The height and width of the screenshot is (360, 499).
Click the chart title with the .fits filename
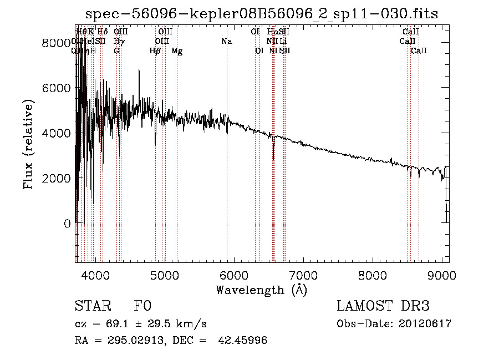(262, 14)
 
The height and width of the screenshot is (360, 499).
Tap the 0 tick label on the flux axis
(67, 224)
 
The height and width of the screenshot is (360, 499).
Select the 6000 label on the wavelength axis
(233, 275)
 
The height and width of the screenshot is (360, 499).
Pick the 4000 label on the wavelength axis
(95, 275)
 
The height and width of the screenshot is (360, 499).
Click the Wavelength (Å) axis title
(261, 290)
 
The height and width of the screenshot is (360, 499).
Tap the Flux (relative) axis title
(28, 144)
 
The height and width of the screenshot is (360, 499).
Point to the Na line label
(226, 42)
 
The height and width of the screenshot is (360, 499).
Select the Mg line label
(177, 51)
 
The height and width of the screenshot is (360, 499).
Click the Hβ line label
(155, 51)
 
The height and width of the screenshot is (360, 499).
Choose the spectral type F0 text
(142, 307)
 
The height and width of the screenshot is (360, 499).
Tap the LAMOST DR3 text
(383, 307)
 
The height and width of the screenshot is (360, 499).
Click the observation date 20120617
(425, 324)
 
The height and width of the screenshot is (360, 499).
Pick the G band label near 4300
(116, 51)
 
